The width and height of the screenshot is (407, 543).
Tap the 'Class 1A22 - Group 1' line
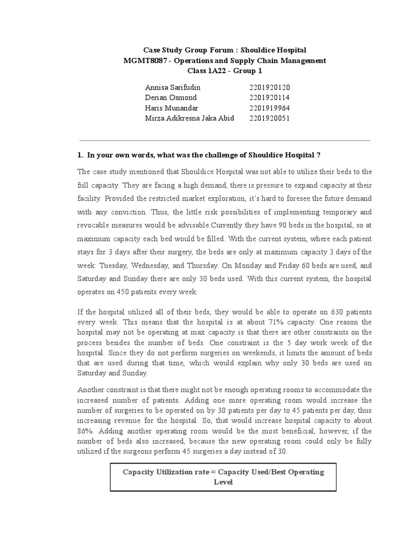225,71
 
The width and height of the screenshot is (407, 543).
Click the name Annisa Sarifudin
173,87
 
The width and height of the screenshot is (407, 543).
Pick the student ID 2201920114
270,98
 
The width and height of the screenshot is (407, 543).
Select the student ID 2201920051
270,118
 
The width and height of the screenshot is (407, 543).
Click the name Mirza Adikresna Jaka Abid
189,118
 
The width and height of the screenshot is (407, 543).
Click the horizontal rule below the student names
224,141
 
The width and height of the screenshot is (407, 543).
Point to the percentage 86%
85,431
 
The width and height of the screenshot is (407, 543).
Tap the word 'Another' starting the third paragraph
92,390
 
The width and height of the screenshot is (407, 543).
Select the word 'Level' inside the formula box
223,482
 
